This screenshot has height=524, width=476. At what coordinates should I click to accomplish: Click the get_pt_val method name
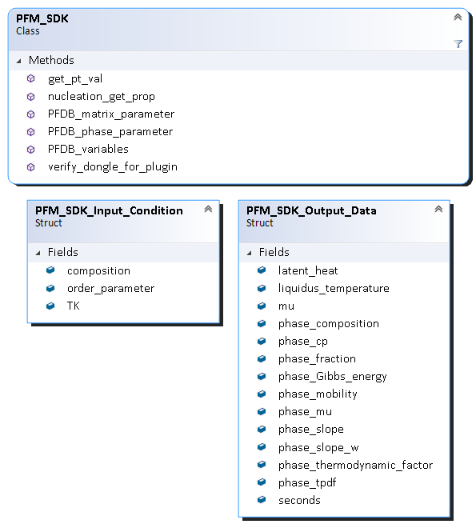click(x=75, y=79)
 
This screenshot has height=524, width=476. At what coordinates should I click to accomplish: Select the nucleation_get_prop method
click(x=102, y=97)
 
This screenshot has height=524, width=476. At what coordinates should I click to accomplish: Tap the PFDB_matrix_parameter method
click(x=111, y=114)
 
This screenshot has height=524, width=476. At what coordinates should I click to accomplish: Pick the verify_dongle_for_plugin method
click(x=113, y=166)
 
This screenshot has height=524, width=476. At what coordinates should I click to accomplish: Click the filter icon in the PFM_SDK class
click(x=458, y=44)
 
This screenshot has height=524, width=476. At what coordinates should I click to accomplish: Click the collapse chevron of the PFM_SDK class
click(x=458, y=17)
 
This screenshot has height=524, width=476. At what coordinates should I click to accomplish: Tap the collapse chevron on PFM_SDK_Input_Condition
click(x=208, y=209)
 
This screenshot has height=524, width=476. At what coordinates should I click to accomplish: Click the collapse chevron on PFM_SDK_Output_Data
click(x=438, y=209)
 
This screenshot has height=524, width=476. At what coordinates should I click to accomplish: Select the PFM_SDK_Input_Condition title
click(x=109, y=210)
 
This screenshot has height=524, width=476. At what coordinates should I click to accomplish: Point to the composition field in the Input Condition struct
click(x=98, y=270)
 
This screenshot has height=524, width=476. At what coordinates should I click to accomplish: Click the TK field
click(x=74, y=306)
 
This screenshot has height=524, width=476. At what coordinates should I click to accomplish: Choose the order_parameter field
click(x=110, y=289)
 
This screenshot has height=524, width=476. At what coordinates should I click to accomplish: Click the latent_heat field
click(x=308, y=270)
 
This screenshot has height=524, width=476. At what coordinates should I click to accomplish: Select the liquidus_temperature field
click(x=334, y=289)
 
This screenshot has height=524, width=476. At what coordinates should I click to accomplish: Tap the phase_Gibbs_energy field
click(x=333, y=377)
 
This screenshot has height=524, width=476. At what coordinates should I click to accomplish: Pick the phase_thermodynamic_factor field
click(x=355, y=465)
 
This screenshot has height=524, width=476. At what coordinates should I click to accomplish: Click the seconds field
click(x=299, y=500)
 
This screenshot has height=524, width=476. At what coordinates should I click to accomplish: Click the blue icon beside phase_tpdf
click(x=262, y=482)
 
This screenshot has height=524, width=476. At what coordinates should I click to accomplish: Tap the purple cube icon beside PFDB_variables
click(x=30, y=150)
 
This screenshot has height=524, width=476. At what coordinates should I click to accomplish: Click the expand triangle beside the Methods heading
click(x=18, y=61)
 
